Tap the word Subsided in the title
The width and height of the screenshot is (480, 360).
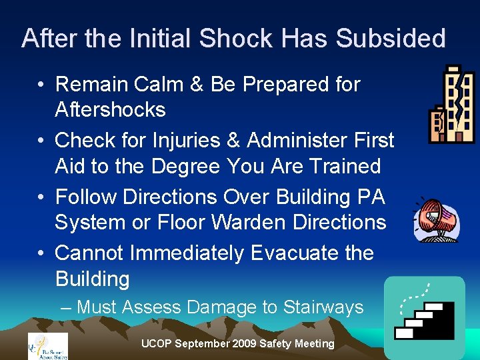tap(391, 38)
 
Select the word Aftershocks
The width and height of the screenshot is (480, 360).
tap(110, 109)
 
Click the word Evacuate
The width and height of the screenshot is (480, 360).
tap(290, 253)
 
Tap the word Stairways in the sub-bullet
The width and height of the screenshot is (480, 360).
tap(323, 307)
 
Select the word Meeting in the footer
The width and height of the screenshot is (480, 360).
tap(313, 344)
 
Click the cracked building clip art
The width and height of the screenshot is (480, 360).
tap(451, 105)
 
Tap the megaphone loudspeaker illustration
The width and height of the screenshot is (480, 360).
tap(435, 219)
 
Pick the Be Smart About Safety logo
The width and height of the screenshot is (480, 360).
tap(47, 345)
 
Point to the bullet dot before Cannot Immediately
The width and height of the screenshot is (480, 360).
tap(41, 253)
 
